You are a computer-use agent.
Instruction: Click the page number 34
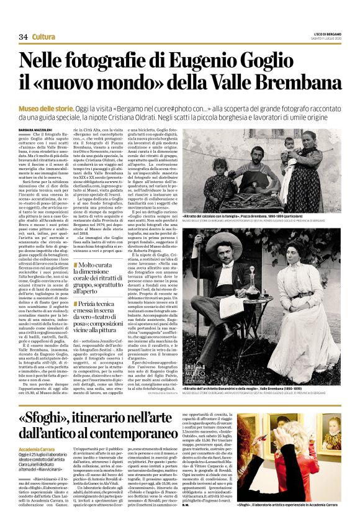[x=24, y=37]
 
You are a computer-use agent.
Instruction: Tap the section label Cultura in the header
[x=43, y=37]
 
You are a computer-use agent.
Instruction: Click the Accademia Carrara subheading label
[x=39, y=449]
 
